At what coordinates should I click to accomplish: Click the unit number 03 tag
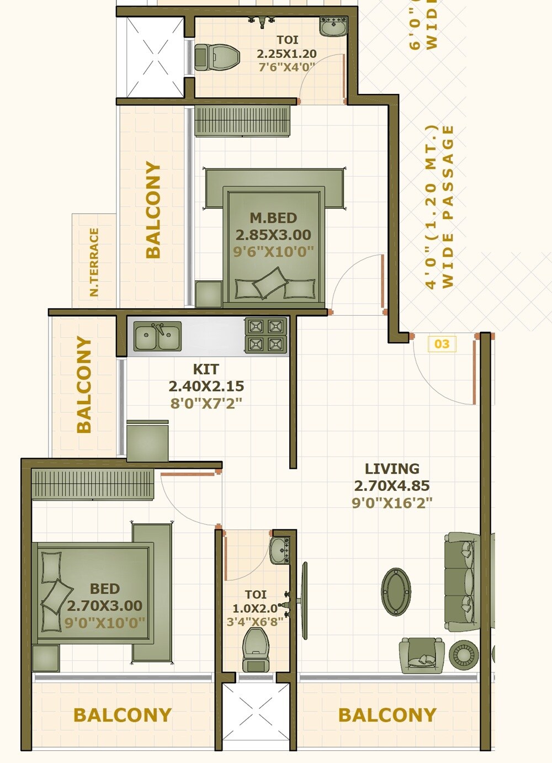[442, 344]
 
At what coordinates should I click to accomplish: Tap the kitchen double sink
[158, 336]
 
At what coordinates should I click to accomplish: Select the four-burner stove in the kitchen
[266, 335]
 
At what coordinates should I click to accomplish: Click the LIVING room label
[392, 469]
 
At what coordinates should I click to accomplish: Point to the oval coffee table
[396, 592]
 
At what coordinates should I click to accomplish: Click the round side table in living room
[463, 655]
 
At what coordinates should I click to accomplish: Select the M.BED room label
[273, 218]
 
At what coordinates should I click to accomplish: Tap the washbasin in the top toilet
[333, 26]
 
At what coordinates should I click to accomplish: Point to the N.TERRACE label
[94, 262]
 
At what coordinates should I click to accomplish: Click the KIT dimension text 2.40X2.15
[206, 386]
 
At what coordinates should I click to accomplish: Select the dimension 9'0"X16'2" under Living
[392, 503]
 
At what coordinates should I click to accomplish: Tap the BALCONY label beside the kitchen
[83, 384]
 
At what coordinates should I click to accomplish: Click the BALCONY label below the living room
[387, 715]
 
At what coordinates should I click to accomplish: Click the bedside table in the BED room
[46, 658]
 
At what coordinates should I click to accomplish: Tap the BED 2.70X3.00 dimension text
[105, 606]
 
